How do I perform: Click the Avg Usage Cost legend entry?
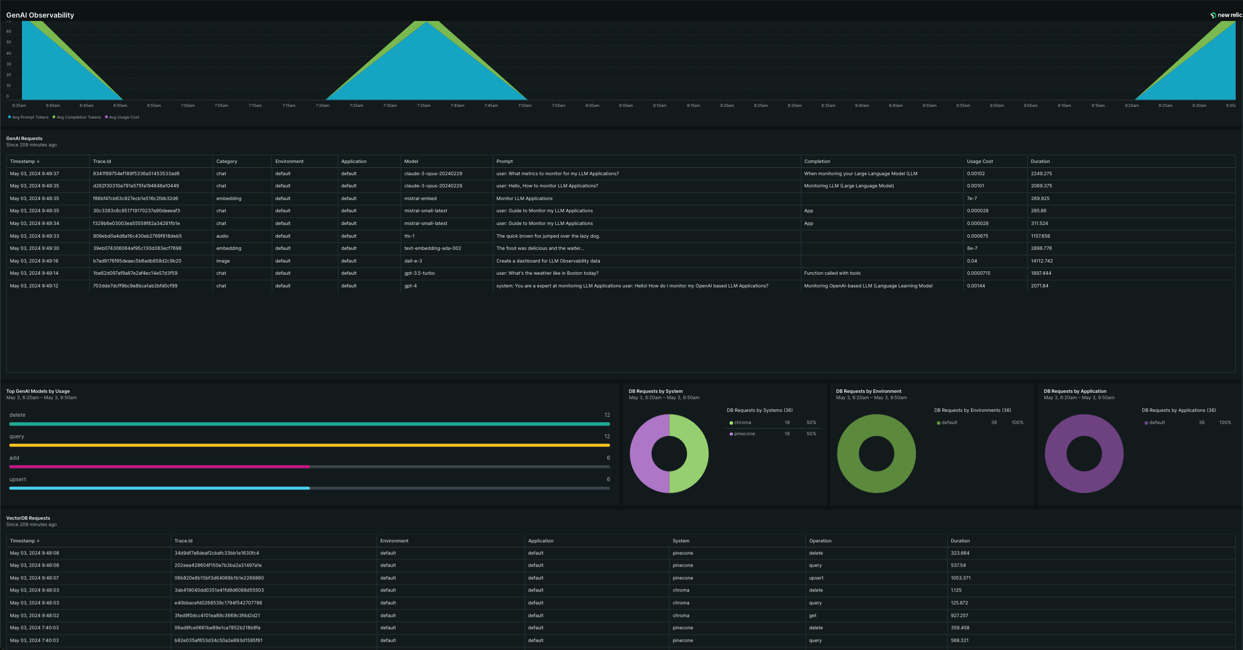tap(122, 117)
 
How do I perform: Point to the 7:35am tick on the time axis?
tap(424, 105)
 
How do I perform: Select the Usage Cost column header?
tap(979, 162)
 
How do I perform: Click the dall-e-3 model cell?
tap(413, 261)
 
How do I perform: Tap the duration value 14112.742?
tap(1041, 261)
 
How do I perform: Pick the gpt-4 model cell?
tap(410, 286)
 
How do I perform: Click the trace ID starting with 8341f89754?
tap(136, 174)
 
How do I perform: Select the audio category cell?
tap(223, 236)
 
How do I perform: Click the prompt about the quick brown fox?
tap(548, 236)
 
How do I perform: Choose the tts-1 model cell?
tap(409, 236)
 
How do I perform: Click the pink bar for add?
tap(160, 467)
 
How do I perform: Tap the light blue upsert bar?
tap(160, 488)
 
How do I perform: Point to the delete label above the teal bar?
tap(17, 415)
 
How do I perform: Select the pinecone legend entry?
tap(742, 434)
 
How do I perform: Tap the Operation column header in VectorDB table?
tap(820, 541)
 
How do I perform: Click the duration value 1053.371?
tap(960, 578)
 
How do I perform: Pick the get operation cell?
tap(813, 616)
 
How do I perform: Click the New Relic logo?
tap(1226, 15)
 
